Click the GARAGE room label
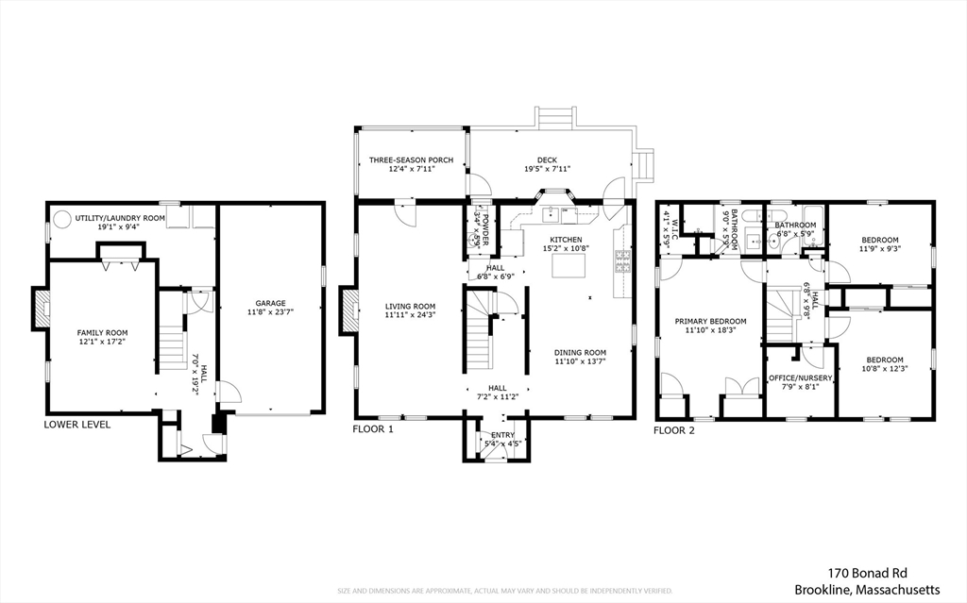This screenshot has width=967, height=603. click(x=270, y=303)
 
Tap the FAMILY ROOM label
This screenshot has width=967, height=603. click(x=102, y=332)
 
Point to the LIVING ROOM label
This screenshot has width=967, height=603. click(x=410, y=305)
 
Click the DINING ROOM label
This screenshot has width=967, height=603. click(x=580, y=352)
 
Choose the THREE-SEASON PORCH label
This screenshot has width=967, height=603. click(x=411, y=160)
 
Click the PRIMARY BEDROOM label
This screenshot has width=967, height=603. click(x=710, y=321)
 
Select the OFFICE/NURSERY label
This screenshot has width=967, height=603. click(x=800, y=377)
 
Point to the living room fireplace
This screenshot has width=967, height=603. click(x=350, y=310)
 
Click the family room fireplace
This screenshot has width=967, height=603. click(x=41, y=309)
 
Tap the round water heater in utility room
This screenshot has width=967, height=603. click(x=61, y=220)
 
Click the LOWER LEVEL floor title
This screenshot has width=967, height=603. click(x=76, y=425)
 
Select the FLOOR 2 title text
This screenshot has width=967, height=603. click(x=674, y=429)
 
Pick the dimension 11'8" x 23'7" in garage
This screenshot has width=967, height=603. click(x=270, y=312)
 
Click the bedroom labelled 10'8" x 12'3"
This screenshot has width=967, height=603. click(x=885, y=363)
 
